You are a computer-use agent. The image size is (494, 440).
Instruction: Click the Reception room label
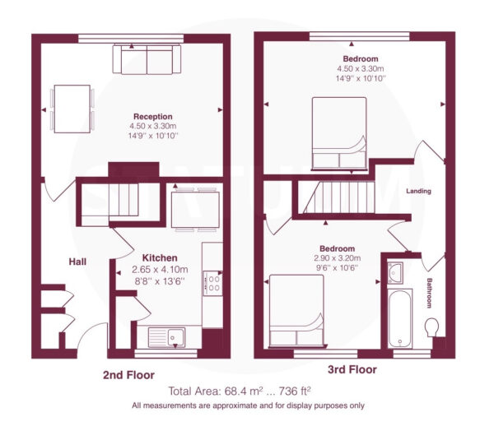153,117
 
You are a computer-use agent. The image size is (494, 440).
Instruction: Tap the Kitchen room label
160,257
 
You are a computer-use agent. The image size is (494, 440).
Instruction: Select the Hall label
77,262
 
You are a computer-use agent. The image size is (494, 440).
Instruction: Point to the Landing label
418,191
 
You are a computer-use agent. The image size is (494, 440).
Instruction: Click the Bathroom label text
429,293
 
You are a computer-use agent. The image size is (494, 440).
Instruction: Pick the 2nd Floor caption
129,375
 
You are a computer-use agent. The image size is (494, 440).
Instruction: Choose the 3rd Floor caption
352,369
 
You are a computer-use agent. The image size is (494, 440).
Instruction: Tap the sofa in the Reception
147,59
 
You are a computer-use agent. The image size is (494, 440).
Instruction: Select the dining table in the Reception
72,109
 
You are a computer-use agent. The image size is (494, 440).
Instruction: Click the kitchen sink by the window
166,337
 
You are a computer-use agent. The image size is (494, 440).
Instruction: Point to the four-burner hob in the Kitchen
212,284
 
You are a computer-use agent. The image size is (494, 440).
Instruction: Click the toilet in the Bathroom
431,327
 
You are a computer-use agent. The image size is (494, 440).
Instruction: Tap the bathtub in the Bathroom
400,318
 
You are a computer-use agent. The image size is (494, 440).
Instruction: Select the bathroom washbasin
395,272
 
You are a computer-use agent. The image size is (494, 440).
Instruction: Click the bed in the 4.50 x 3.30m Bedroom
339,134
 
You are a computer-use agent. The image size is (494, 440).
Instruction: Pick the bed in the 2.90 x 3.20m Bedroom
296,311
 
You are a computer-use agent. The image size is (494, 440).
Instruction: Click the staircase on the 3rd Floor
339,197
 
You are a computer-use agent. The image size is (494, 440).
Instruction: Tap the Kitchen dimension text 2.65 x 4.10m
160,270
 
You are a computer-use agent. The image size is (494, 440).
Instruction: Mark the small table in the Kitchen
195,210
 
